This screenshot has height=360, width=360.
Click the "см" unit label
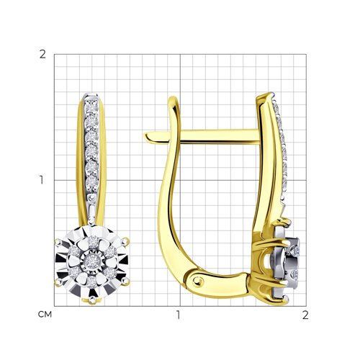tap(45, 315)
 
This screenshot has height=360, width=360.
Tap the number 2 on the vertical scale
tap(42, 55)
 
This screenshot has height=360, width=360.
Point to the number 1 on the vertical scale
tap(42, 180)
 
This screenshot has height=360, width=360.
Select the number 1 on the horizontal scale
tap(178, 315)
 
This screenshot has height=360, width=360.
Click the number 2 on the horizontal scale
tap(305, 315)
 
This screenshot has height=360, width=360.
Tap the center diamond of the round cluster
tap(91, 260)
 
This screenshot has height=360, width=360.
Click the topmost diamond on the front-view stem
tap(91, 107)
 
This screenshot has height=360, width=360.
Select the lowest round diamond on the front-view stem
tap(91, 181)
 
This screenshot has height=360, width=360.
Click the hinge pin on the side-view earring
tap(198, 281)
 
